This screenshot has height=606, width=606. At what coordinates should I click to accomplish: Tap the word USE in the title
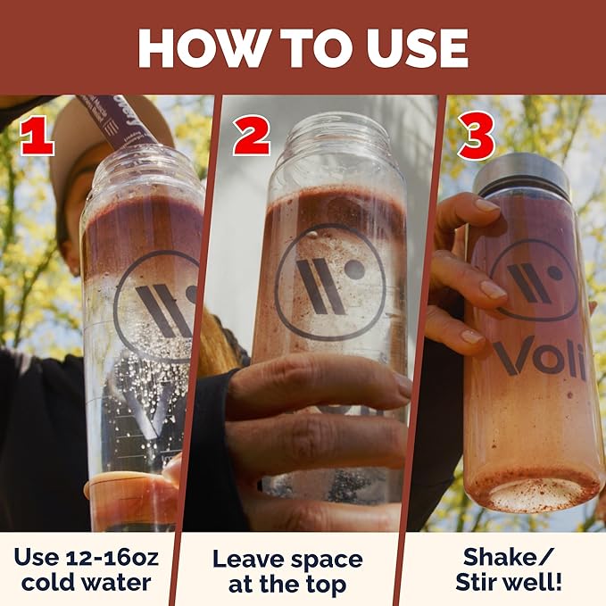pos(418,48)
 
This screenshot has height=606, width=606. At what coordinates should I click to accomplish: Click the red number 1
pos(37,136)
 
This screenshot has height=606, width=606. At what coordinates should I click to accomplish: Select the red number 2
pos(251,136)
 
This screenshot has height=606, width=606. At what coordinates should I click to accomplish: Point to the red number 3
pos(477,136)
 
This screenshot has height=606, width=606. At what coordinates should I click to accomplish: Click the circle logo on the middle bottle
pos(330,282)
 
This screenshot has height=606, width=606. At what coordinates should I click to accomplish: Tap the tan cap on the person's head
pos(104,128)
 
